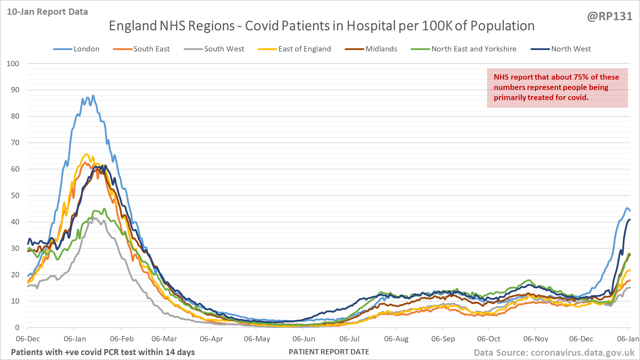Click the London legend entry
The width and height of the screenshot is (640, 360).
click(x=86, y=49)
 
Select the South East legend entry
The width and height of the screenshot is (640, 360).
click(x=151, y=49)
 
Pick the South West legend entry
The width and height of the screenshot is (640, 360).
click(x=224, y=49)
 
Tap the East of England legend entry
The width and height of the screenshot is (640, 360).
click(x=304, y=49)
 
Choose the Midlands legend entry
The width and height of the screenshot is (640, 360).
click(x=381, y=49)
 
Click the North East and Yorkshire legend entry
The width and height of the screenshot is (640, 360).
click(x=474, y=49)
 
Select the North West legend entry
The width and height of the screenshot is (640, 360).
click(x=571, y=49)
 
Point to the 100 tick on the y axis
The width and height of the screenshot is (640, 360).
click(x=13, y=64)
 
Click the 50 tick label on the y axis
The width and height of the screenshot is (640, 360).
click(x=15, y=195)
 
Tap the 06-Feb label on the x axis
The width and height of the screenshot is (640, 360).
click(x=122, y=339)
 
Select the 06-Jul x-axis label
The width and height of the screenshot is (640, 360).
click(x=349, y=339)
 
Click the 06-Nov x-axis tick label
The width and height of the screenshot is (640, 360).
click(x=535, y=339)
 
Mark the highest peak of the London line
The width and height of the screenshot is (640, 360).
click(x=93, y=95)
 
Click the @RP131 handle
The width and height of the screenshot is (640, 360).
click(x=609, y=17)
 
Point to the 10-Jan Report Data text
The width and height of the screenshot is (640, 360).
click(x=47, y=12)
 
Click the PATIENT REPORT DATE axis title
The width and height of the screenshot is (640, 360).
click(x=329, y=352)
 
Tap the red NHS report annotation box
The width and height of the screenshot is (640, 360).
click(x=557, y=88)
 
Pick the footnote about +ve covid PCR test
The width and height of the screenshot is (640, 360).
click(x=103, y=352)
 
